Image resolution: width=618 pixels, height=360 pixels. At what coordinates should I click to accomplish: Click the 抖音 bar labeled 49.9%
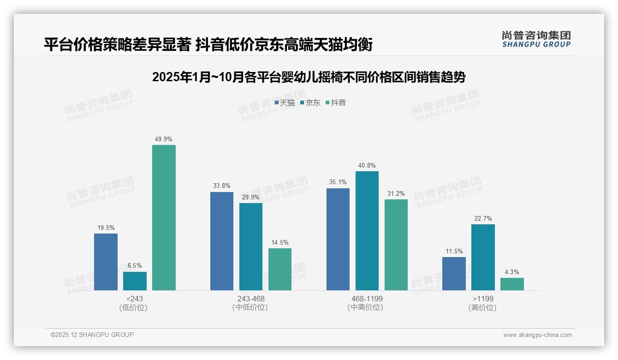164,217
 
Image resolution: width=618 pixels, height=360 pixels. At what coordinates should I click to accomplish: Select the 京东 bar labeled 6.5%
135,281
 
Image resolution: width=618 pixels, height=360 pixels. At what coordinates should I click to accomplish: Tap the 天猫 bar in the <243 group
106,262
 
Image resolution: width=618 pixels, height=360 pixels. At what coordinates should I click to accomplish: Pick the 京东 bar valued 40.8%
367,231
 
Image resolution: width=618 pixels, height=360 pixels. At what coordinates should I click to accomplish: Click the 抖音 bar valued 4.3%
512,284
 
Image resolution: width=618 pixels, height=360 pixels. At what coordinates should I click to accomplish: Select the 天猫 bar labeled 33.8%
222,241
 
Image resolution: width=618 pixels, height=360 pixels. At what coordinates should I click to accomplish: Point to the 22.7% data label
483,219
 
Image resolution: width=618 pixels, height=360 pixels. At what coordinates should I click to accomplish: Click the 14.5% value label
280,243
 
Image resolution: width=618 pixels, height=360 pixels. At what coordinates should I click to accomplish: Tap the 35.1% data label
338,182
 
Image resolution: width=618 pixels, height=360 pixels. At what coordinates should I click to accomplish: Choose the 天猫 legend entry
285,103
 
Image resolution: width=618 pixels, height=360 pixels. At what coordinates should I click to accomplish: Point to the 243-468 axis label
251,299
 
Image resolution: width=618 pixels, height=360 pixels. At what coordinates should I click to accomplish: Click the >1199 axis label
482,299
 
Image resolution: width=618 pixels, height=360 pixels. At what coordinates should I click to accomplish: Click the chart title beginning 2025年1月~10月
309,77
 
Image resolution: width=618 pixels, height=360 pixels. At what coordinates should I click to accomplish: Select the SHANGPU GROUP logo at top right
536,39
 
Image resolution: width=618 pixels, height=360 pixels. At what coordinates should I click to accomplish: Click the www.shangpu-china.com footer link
537,335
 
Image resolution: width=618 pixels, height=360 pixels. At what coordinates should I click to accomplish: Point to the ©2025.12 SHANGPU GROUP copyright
92,335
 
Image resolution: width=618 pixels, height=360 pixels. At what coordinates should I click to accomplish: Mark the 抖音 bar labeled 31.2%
396,245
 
